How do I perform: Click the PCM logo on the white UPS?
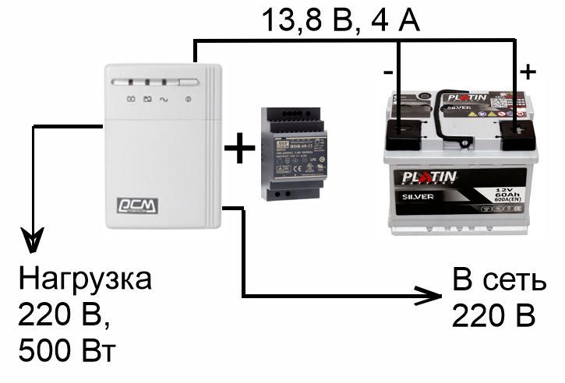[136, 205]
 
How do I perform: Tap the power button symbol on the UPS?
[187, 99]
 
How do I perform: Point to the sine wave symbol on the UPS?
[164, 99]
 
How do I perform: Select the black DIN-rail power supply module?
[292, 153]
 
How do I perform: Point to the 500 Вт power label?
[66, 350]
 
